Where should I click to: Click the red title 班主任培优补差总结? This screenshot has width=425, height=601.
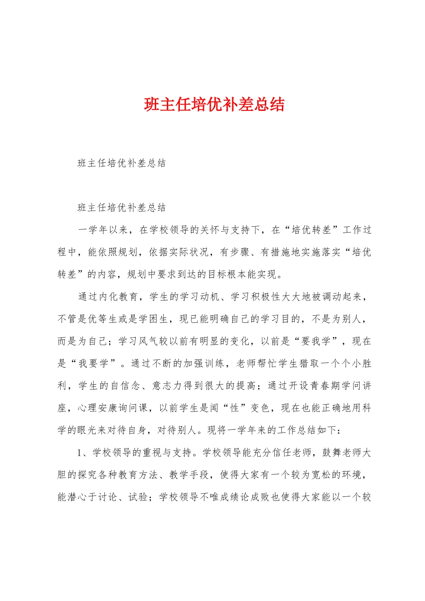point(214,105)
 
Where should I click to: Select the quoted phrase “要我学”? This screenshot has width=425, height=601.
point(316,341)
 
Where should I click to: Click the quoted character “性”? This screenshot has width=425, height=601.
point(234,408)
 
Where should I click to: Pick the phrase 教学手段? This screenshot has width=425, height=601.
point(189,474)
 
